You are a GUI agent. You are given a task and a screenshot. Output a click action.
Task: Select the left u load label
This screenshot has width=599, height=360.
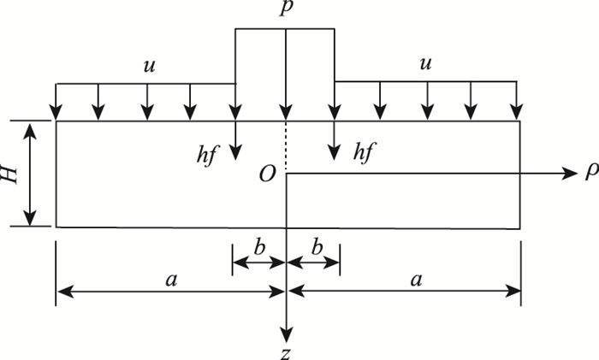pos(149,65)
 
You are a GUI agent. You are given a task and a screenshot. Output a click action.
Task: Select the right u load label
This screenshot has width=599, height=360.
pos(426,65)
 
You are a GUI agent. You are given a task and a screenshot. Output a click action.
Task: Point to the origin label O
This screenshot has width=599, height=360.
pos(266,174)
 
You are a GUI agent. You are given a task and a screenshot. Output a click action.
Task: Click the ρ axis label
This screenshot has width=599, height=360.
pos(590,174)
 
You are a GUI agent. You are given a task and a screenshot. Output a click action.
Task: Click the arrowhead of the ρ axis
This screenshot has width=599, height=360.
pos(574,174)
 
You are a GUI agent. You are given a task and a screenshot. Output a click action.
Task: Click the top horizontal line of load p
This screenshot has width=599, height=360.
pos(286,29)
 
